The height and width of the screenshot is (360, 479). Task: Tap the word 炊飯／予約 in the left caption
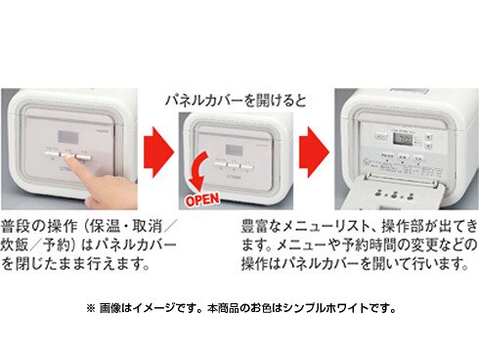click(38, 243)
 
